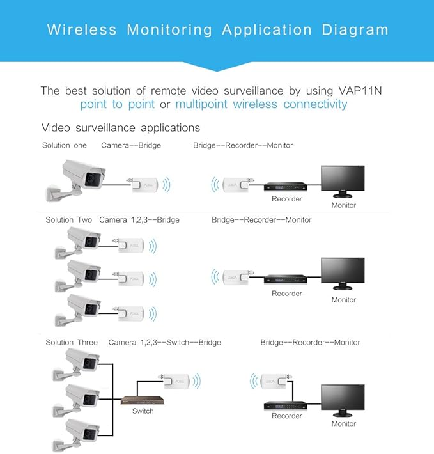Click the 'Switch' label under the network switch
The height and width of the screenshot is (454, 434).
[x=143, y=411]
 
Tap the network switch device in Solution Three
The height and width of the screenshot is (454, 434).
[x=143, y=400]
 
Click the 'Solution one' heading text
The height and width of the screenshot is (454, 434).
[x=65, y=145]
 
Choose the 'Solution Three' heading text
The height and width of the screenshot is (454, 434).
[x=72, y=342]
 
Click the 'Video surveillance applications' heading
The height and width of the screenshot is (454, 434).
[x=121, y=128]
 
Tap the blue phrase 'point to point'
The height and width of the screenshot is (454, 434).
[x=118, y=104]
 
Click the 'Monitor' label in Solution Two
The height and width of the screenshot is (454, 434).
[x=343, y=300]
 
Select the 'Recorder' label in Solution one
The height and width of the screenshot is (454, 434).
[x=286, y=199]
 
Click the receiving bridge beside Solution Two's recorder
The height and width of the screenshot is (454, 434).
[x=234, y=278]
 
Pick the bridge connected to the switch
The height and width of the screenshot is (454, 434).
[x=178, y=381]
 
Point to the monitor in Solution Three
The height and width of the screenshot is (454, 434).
[x=343, y=400]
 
